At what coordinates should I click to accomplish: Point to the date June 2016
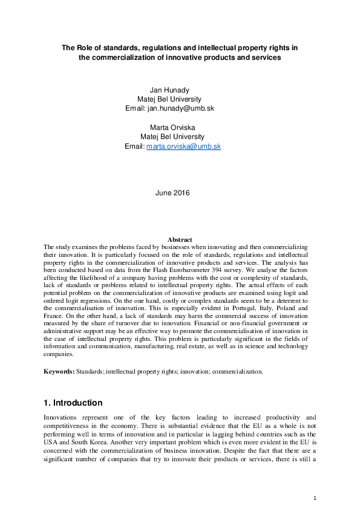click(x=172, y=193)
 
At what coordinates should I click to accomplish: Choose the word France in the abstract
click(x=54, y=315)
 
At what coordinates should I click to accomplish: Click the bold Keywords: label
click(x=59, y=372)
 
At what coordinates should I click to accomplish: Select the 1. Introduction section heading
click(x=73, y=403)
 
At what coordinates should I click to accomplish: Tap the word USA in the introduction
click(x=51, y=433)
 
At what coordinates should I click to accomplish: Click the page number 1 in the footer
click(x=315, y=498)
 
